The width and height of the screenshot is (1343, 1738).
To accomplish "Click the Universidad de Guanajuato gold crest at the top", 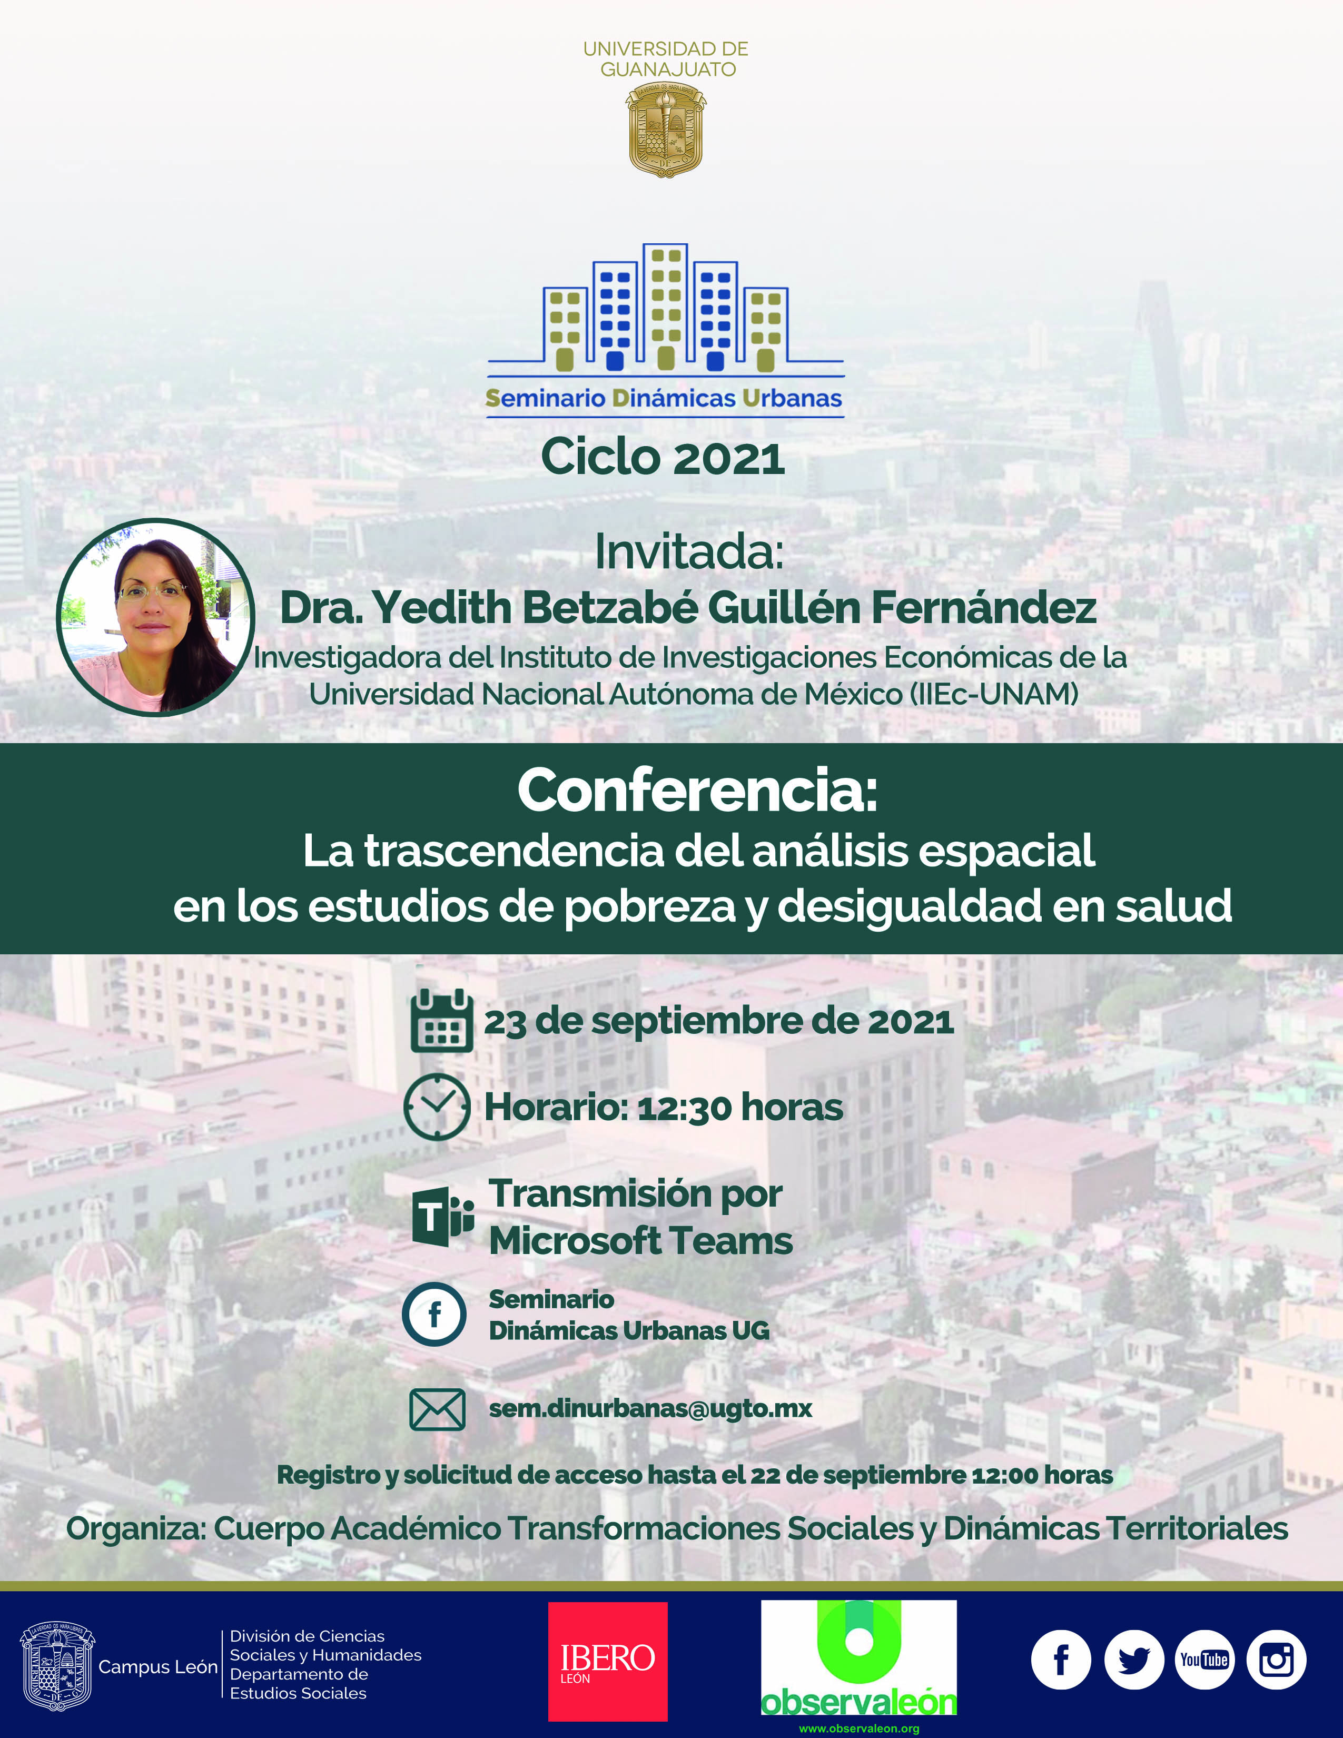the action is (x=666, y=130).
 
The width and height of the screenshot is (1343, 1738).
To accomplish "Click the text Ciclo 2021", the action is (x=663, y=458).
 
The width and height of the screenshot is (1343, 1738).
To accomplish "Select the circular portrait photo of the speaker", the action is (x=155, y=618).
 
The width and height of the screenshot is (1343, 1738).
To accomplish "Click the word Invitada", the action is (x=689, y=551).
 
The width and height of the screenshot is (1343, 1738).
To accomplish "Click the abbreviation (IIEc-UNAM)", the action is (x=994, y=694).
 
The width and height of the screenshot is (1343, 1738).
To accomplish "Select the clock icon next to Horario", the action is (x=437, y=1107).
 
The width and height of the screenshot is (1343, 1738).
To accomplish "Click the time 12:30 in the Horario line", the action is (x=684, y=1108).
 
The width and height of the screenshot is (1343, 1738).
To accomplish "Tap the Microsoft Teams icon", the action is (x=443, y=1218).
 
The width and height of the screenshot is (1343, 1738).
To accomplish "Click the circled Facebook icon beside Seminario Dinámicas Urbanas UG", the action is (x=434, y=1314).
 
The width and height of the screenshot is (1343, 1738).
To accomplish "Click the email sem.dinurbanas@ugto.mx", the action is (x=650, y=1408).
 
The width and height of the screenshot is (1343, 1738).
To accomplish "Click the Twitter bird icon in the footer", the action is (x=1134, y=1660).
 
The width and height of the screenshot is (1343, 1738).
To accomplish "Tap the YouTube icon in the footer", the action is (x=1204, y=1660).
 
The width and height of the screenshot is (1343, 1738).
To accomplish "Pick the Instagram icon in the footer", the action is (x=1276, y=1660).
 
